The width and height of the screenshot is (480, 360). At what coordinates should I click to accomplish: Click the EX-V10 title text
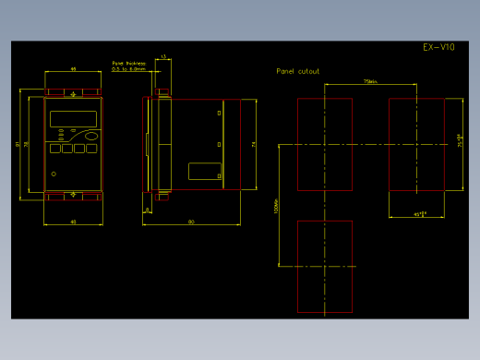(438, 47)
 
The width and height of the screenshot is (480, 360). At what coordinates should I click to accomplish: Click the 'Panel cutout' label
(298, 71)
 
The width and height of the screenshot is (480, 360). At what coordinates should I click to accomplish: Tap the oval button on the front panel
(90, 136)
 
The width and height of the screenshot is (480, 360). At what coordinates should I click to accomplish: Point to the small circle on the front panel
(54, 174)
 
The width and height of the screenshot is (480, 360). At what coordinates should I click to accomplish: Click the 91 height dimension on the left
(18, 143)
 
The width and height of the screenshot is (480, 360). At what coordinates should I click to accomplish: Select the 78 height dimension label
(27, 143)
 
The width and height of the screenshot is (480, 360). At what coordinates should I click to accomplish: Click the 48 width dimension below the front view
(73, 222)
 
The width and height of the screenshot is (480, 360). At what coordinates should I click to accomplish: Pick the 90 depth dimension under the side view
(191, 222)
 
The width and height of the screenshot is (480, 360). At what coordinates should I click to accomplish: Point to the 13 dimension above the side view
(163, 57)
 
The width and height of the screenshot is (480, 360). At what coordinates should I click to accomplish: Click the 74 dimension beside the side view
(253, 143)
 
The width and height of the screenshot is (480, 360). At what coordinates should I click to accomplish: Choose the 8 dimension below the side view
(147, 210)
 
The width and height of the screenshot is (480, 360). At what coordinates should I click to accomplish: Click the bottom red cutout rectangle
(325, 266)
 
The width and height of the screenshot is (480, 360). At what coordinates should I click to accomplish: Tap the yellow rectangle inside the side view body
(204, 171)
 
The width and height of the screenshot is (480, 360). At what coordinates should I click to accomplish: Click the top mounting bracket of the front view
(73, 92)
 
